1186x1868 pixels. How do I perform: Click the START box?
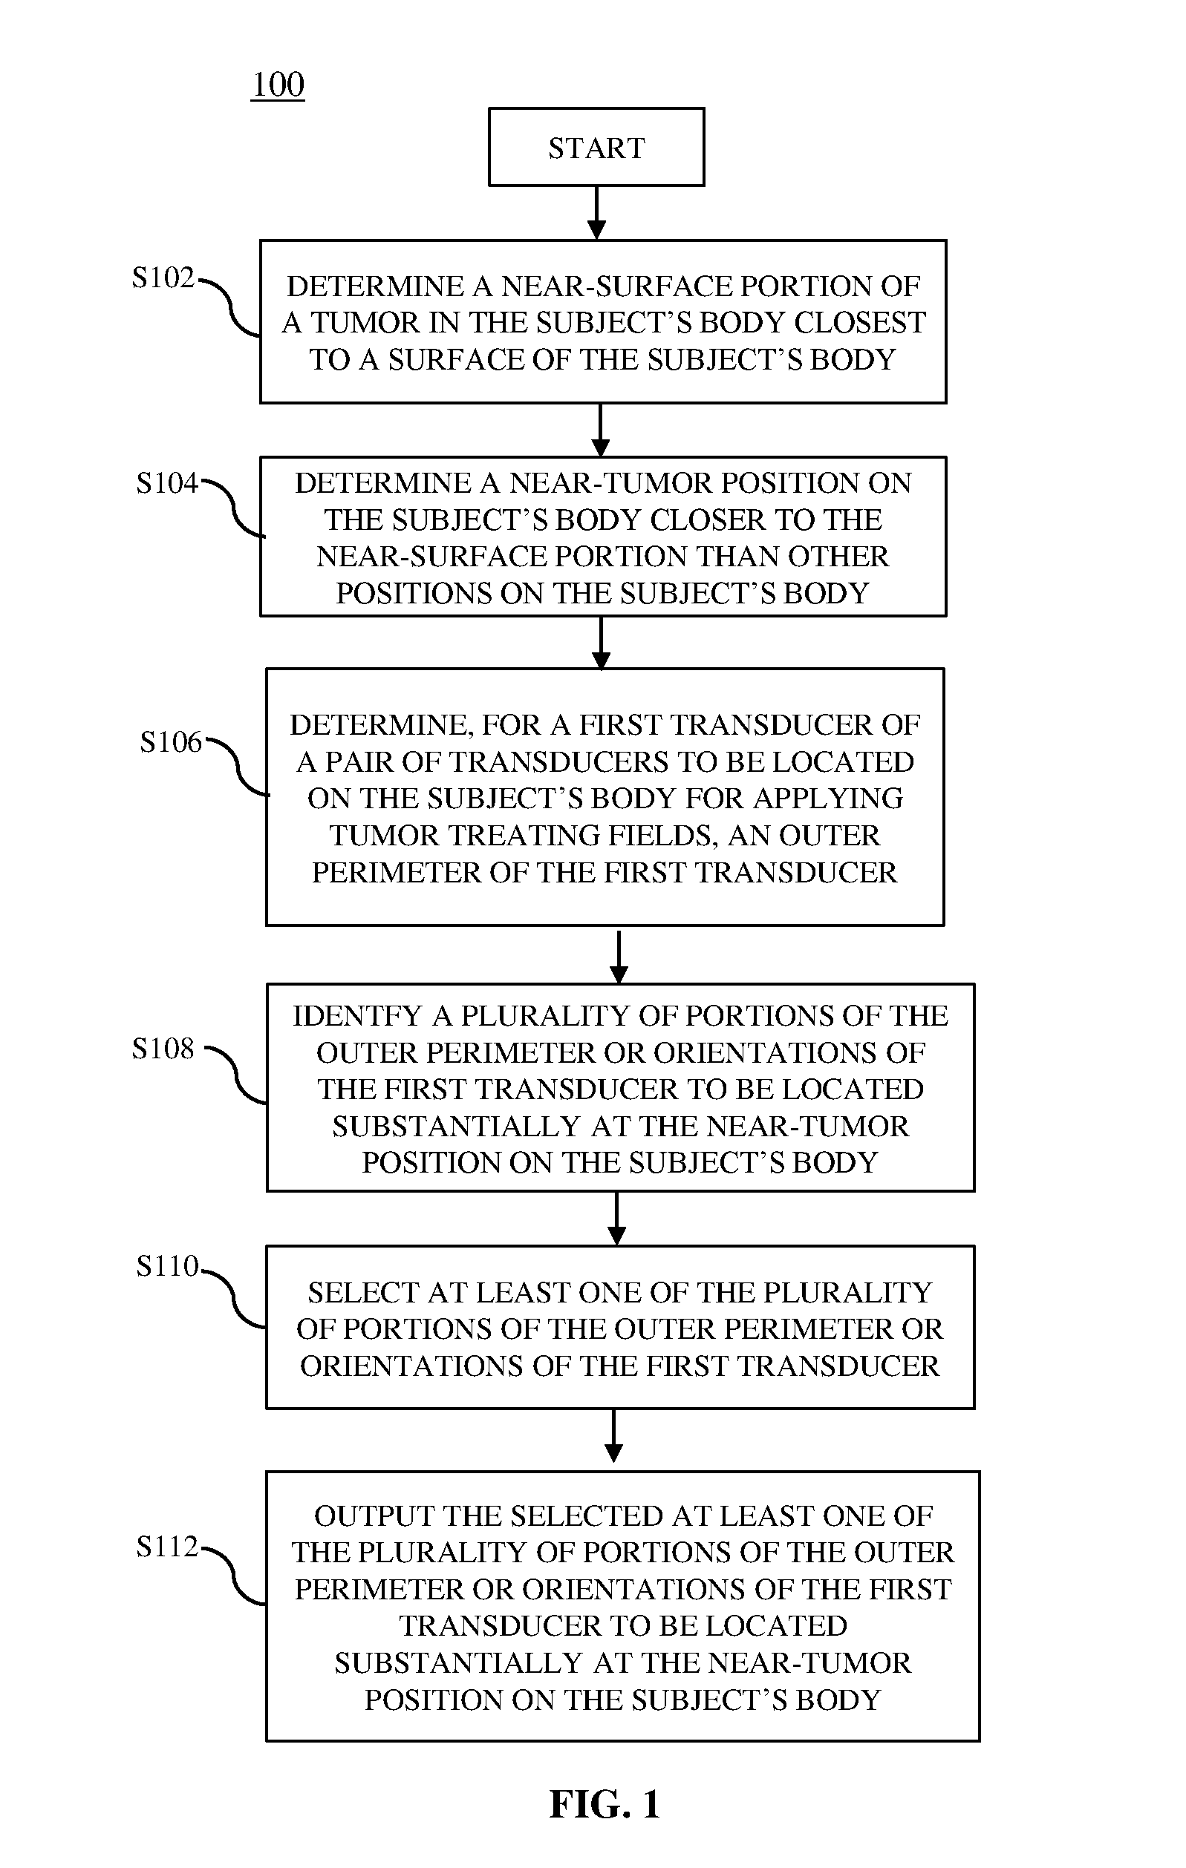point(596,147)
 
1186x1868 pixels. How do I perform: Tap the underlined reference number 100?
point(278,85)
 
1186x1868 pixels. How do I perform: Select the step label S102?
point(163,277)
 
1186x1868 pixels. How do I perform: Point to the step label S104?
point(167,482)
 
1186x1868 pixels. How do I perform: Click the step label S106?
point(171,741)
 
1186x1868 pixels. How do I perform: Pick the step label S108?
point(163,1048)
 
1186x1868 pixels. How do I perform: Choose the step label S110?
point(167,1266)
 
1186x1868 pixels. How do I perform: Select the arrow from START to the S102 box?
point(596,213)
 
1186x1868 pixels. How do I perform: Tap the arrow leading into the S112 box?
point(614,1436)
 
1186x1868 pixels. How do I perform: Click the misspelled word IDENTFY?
point(357,1015)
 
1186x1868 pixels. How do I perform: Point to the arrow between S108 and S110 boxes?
point(616,1219)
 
